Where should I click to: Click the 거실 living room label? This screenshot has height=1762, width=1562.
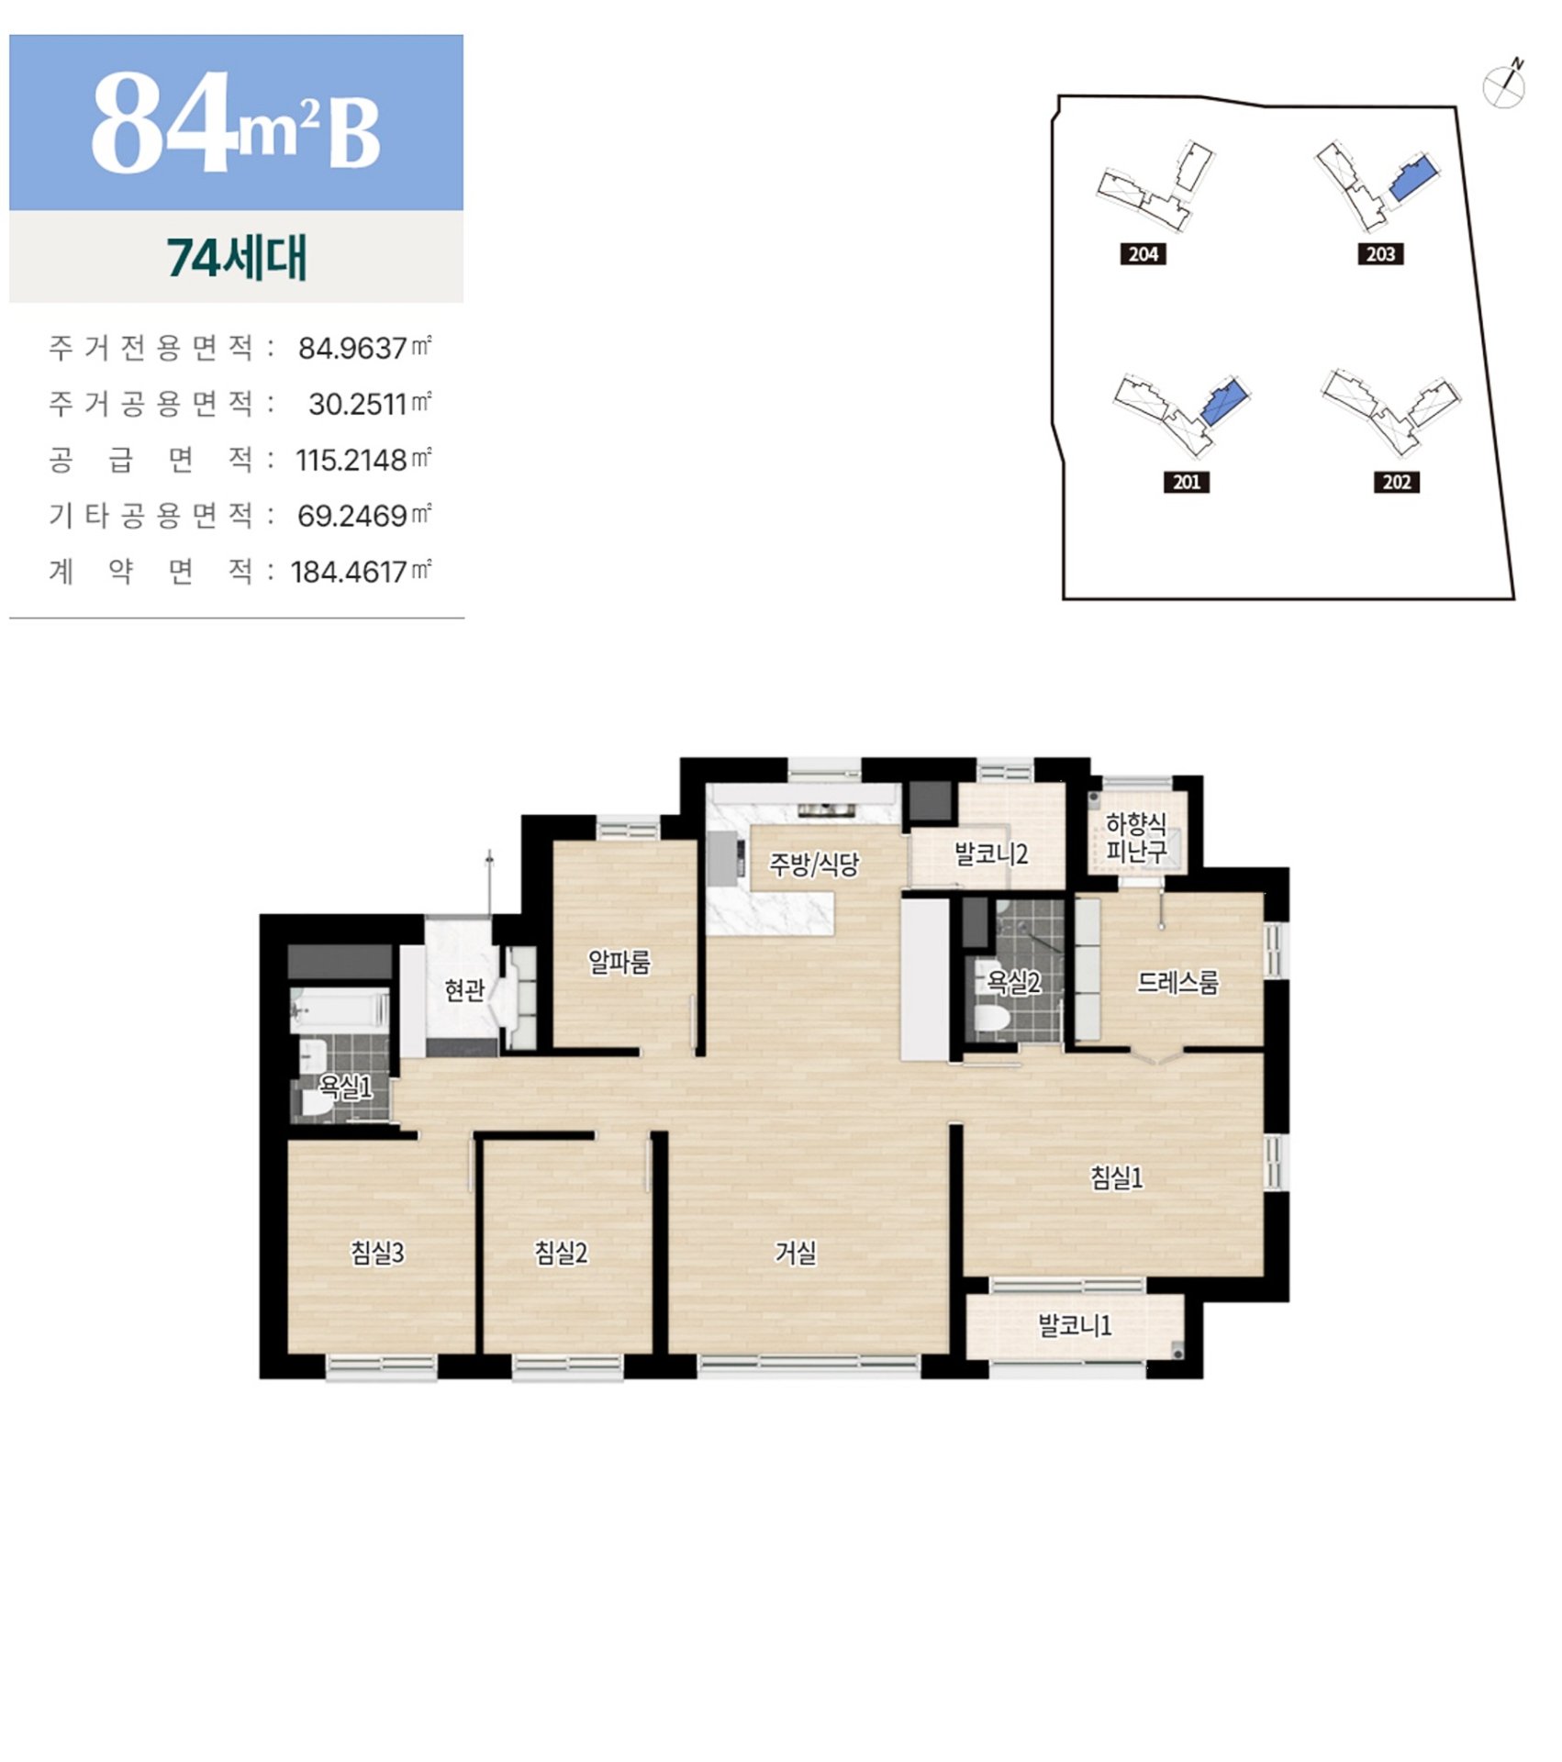(795, 1253)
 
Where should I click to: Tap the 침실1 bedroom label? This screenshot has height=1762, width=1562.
(1116, 1177)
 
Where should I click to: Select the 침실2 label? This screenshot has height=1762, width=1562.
(561, 1253)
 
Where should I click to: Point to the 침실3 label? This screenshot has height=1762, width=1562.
(377, 1253)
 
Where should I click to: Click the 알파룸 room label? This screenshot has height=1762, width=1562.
(619, 962)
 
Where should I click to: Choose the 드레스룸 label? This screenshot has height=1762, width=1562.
(1177, 983)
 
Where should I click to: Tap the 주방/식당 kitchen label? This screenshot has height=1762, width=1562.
(814, 864)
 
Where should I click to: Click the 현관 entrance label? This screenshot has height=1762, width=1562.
(464, 990)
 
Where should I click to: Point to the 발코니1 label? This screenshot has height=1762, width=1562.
(1075, 1325)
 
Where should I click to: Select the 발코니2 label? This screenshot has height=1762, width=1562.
(991, 854)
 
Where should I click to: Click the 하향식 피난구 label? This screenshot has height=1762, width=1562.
(1136, 838)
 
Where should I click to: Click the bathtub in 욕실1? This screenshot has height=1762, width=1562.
(339, 1010)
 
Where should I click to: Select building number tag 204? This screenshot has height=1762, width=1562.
(1143, 254)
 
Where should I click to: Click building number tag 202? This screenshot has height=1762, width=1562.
(1397, 483)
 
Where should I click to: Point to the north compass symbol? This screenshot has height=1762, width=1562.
(1505, 85)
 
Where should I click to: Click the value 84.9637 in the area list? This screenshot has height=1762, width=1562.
(352, 349)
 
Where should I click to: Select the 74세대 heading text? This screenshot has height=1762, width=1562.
(237, 258)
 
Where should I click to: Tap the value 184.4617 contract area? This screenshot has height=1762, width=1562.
(349, 573)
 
